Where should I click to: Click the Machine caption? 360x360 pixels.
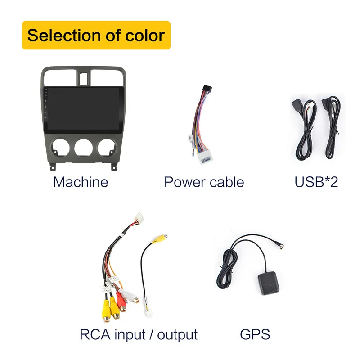pyautogui.click(x=81, y=182)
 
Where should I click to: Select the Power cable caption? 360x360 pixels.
pyautogui.click(x=204, y=182)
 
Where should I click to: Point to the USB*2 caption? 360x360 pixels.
pyautogui.click(x=316, y=182)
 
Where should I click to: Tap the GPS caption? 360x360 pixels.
pyautogui.click(x=255, y=334)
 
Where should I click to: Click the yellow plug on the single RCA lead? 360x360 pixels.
pyautogui.click(x=159, y=238)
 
